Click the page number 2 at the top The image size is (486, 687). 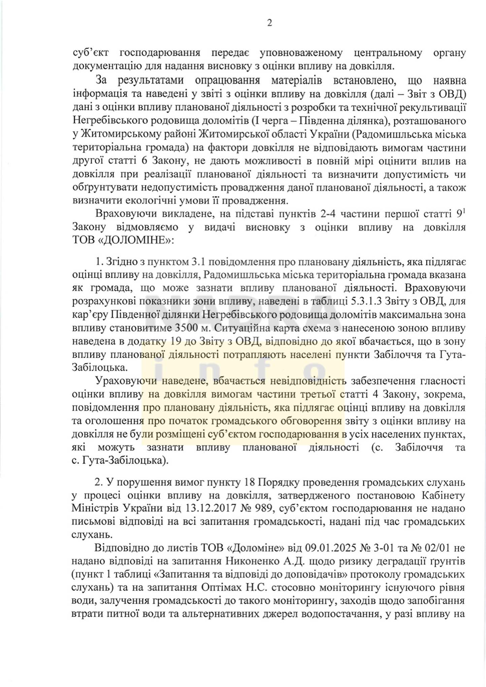point(269,23)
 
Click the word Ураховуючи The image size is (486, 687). point(126,381)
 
